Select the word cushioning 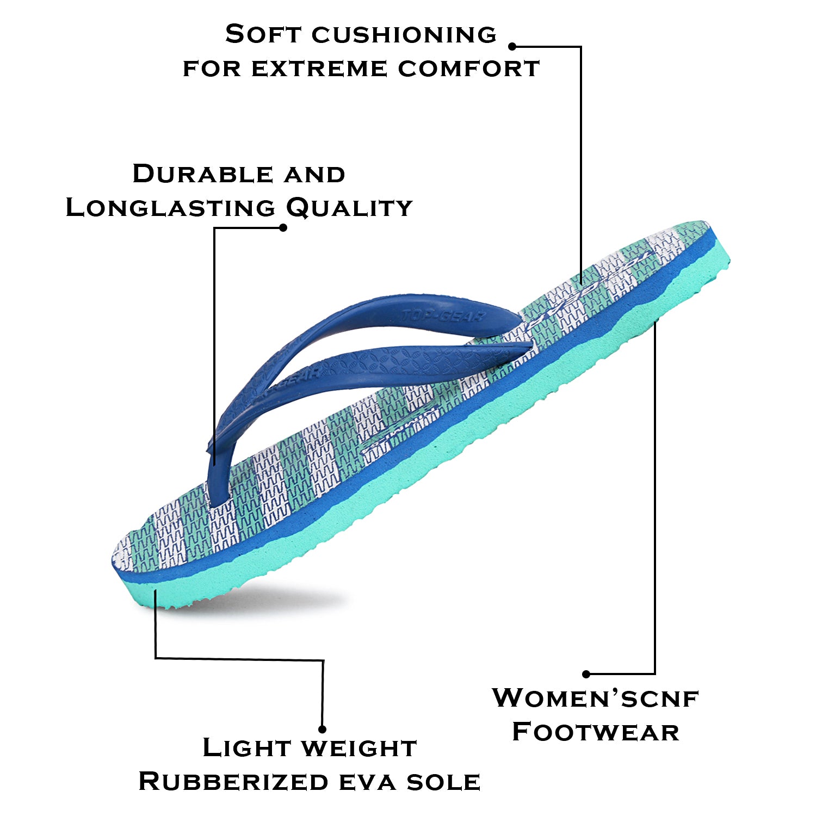pos(404,35)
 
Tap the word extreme pos(319,69)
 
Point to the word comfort pos(468,69)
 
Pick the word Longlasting pos(170,208)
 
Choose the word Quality pos(349,208)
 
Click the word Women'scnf pos(595,698)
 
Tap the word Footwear pos(596,732)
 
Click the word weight pos(360,748)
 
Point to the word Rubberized pos(233,782)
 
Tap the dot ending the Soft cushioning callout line pos(512,47)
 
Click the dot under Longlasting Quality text pos(283,227)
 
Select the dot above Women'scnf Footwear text pos(586,674)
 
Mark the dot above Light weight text pos(322,729)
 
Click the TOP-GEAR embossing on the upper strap pos(443,316)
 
